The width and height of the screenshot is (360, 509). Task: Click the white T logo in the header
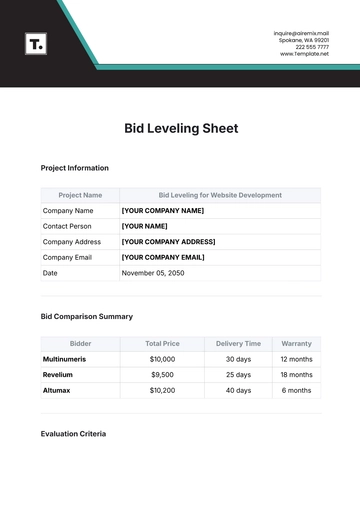coord(35,44)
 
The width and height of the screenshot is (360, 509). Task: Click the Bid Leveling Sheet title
coord(180,129)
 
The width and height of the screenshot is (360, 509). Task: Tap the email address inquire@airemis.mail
coord(301,33)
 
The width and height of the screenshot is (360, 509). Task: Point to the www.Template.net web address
coord(304,54)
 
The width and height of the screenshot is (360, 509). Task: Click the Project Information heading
coord(74,168)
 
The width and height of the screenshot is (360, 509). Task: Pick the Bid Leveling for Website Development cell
coord(220,195)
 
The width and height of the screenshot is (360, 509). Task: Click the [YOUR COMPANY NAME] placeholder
coord(162,211)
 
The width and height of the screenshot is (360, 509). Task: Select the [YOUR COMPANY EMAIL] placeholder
coord(164,257)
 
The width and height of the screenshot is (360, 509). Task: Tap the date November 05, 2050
coord(154,273)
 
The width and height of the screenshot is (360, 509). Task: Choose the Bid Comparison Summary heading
coord(86,316)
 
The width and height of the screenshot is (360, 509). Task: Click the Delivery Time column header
coord(238,343)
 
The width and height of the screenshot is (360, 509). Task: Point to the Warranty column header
coord(296,343)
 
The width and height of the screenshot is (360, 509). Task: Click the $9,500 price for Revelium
coord(162,374)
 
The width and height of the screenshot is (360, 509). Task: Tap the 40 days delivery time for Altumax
coord(238,390)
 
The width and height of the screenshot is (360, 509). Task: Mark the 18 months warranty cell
coord(296,374)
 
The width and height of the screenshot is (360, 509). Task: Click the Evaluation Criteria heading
coord(73,434)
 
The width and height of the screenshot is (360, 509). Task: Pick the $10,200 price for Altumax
coord(162,390)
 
